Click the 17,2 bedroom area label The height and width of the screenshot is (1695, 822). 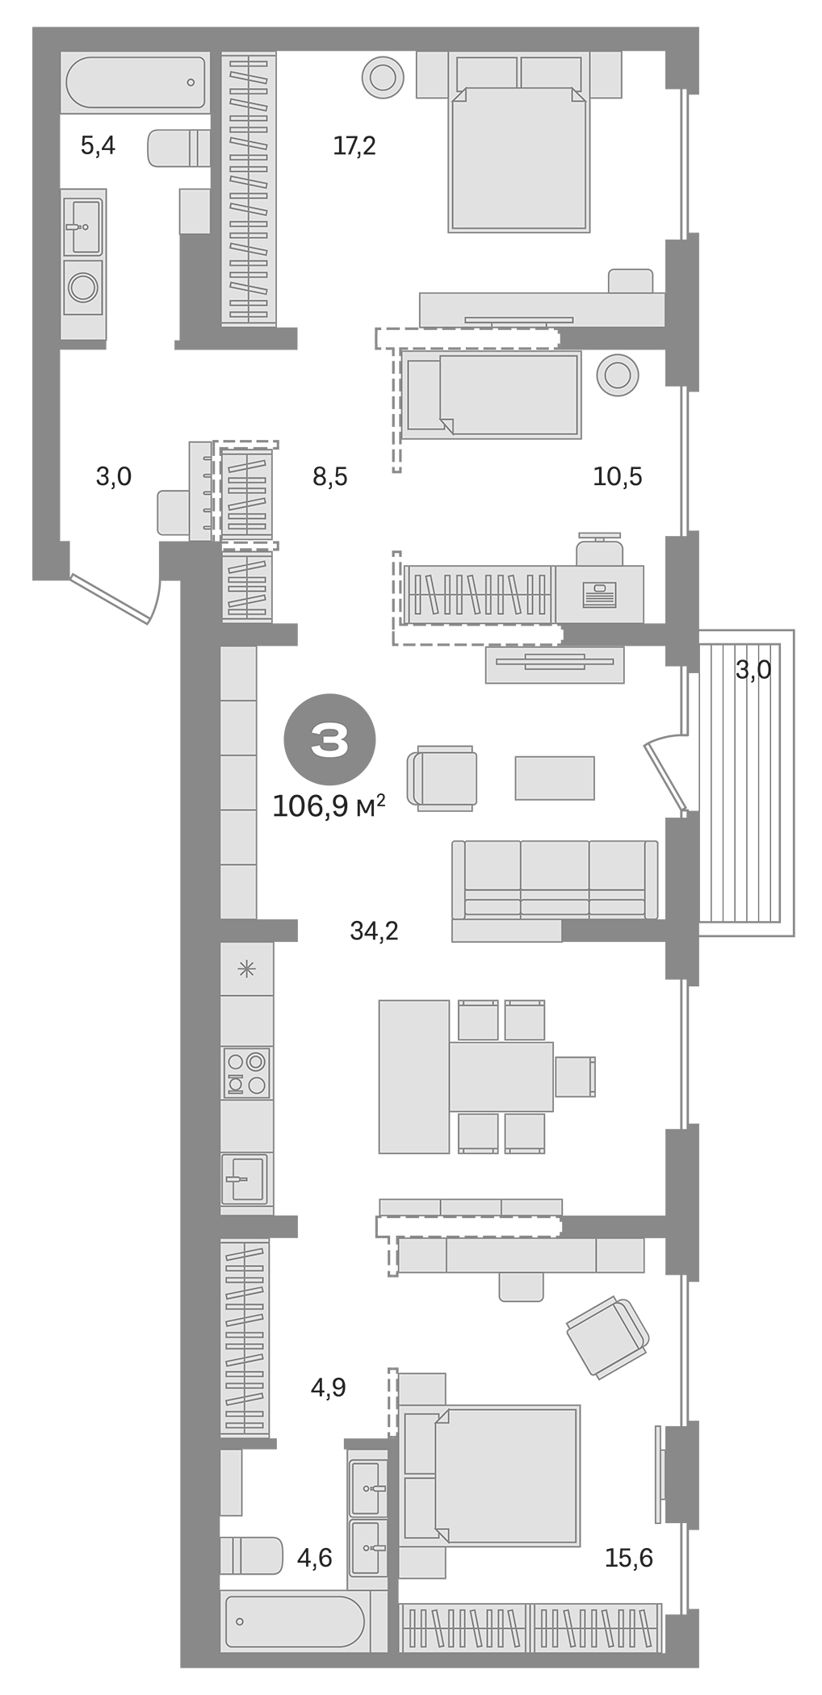354,146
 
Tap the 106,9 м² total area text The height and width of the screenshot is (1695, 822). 328,806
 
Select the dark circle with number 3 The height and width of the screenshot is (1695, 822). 329,739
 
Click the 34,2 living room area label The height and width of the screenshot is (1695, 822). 374,931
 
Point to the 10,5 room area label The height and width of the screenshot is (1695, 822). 617,477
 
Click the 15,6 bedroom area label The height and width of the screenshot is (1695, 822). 628,1558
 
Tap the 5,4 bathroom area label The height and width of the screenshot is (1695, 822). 98,146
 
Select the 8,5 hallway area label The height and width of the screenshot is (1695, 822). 329,477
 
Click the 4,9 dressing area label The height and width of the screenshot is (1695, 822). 329,1387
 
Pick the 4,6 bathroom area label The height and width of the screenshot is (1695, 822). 314,1558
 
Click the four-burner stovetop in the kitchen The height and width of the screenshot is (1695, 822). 246,1073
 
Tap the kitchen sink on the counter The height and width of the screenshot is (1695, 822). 244,1179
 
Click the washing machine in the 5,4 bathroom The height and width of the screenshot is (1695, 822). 83,287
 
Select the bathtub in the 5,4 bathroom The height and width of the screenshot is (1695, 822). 136,82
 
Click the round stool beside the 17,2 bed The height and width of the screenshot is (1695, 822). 382,77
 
